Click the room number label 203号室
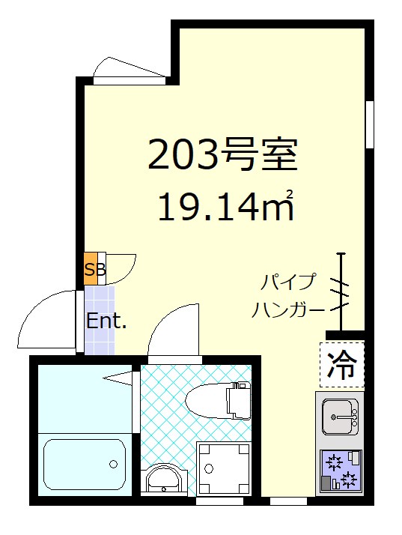tap(222, 154)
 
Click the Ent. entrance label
tap(106, 321)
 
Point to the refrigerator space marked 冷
tap(341, 365)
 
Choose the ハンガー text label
tap(288, 309)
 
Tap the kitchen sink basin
tap(340, 414)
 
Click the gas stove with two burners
tap(340, 470)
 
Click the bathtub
tap(84, 464)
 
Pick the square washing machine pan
tap(224, 468)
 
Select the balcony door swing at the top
tap(129, 68)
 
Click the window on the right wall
tap(369, 124)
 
